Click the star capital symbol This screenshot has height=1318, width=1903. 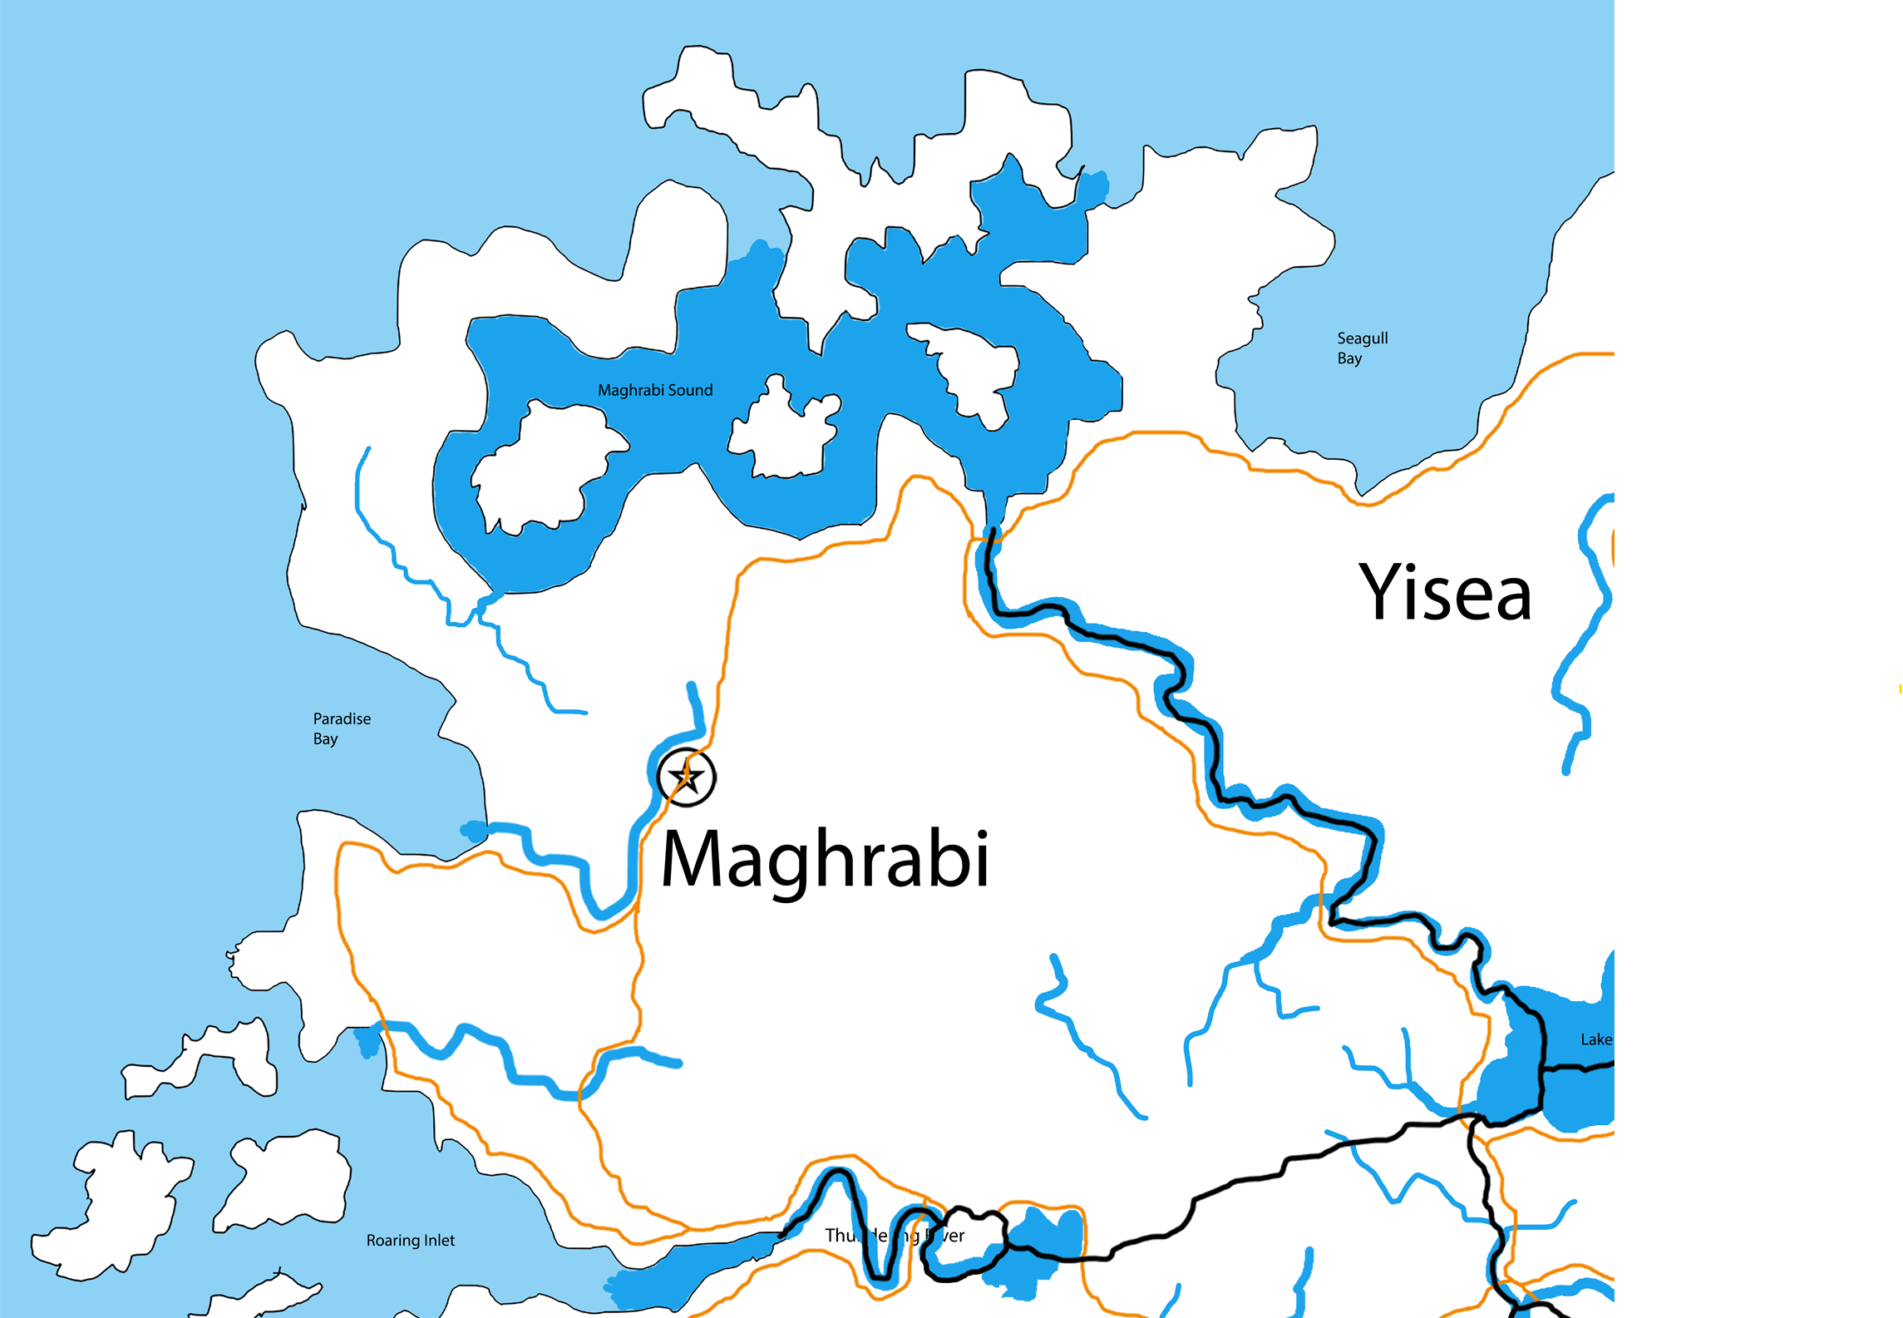pyautogui.click(x=686, y=777)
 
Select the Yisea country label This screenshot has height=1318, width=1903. pyautogui.click(x=1445, y=593)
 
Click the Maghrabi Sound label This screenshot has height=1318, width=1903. pyautogui.click(x=655, y=390)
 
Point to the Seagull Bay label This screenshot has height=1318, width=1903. pyautogui.click(x=1362, y=348)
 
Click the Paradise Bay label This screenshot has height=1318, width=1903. pyautogui.click(x=342, y=728)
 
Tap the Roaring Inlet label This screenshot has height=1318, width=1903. pyautogui.click(x=411, y=1241)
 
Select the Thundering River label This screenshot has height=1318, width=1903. pyautogui.click(x=895, y=1236)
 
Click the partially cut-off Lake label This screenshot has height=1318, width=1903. pyautogui.click(x=1595, y=1039)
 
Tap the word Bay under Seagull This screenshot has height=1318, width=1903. pyautogui.click(x=1349, y=358)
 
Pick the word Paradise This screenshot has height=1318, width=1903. pyautogui.click(x=342, y=718)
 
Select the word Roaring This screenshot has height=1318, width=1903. pyautogui.click(x=393, y=1241)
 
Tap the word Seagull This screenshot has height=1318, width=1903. pyautogui.click(x=1363, y=338)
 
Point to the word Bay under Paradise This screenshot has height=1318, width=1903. pyautogui.click(x=325, y=739)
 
